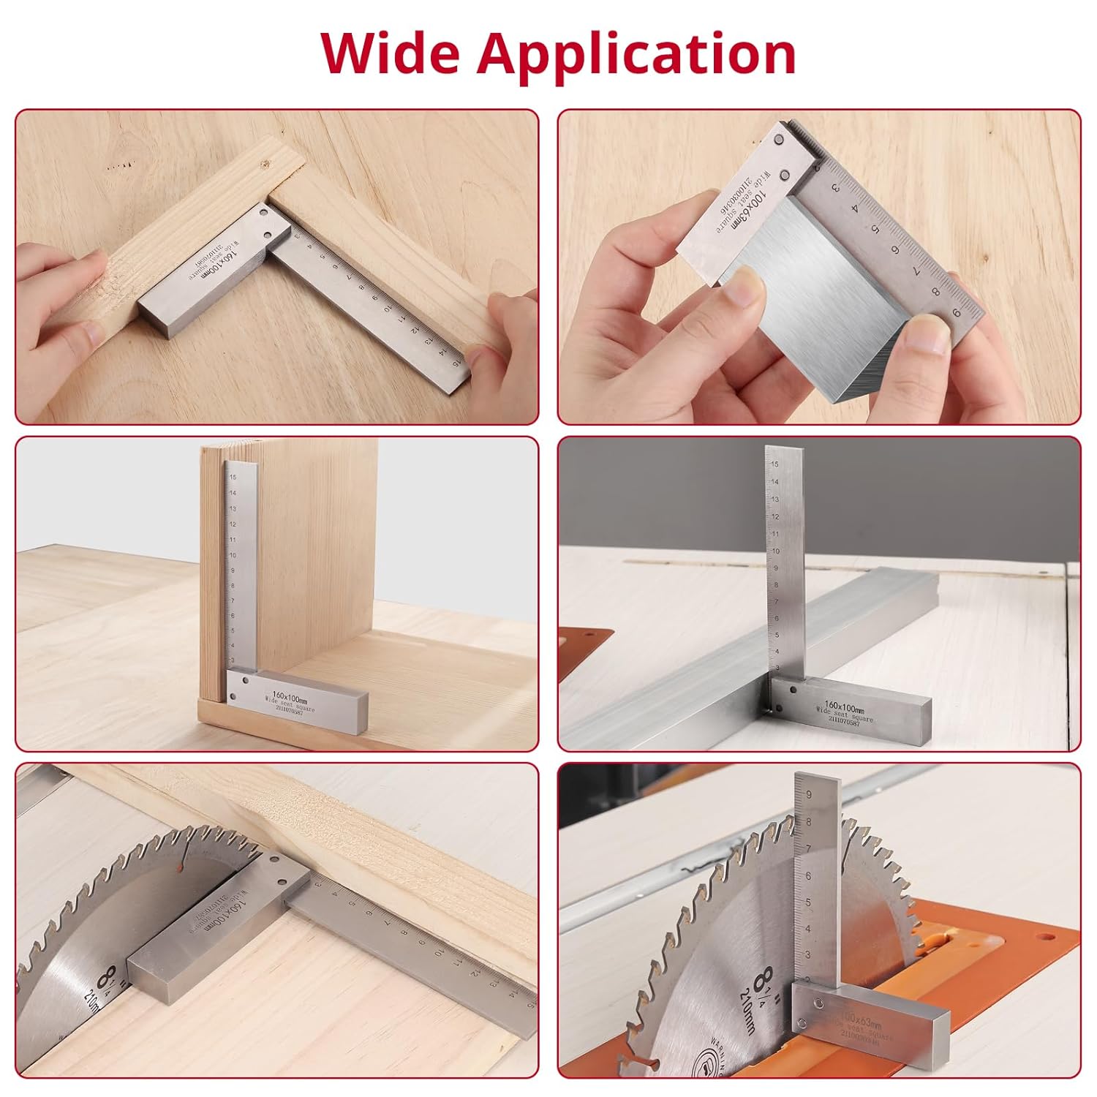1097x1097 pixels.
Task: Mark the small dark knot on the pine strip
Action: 265,165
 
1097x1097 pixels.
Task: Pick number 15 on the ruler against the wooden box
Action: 233,477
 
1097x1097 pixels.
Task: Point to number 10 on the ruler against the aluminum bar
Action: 775,551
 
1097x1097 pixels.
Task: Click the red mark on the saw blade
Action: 178,867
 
